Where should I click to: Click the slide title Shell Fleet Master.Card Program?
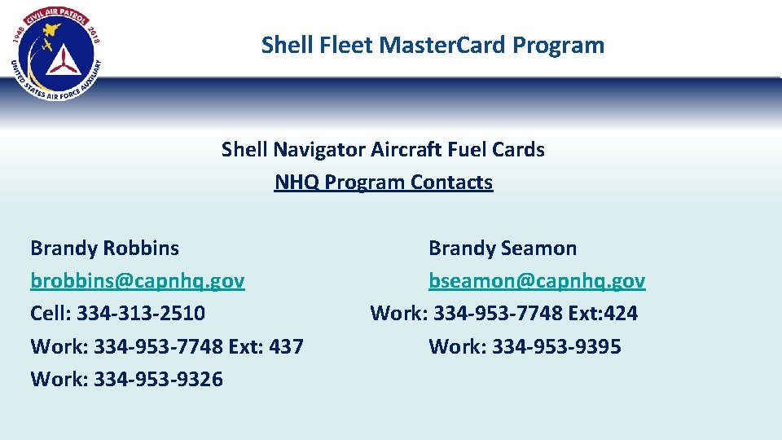[433, 45]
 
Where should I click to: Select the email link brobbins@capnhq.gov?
[137, 281]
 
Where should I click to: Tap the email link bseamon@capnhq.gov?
[537, 281]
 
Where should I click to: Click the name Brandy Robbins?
[104, 248]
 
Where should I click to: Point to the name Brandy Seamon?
[502, 248]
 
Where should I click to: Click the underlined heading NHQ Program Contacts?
[383, 182]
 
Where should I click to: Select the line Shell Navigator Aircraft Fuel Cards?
[383, 149]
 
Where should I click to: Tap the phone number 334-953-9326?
[158, 379]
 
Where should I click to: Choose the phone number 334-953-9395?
[556, 346]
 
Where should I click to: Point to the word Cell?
[49, 314]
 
